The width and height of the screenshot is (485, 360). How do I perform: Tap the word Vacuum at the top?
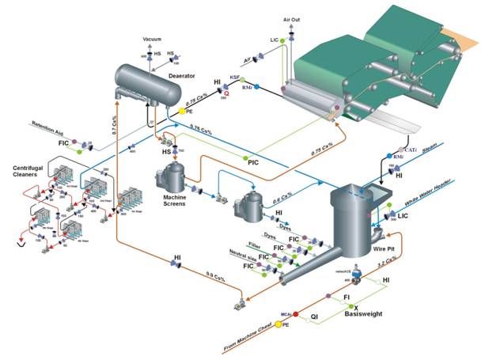click(152, 38)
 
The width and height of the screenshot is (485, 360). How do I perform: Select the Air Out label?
click(292, 17)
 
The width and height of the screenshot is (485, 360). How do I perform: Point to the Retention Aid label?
click(52, 124)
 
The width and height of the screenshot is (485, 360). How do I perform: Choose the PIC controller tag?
click(254, 161)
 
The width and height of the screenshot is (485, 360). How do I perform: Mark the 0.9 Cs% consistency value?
click(216, 276)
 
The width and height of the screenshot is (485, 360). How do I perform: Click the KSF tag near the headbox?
click(235, 78)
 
